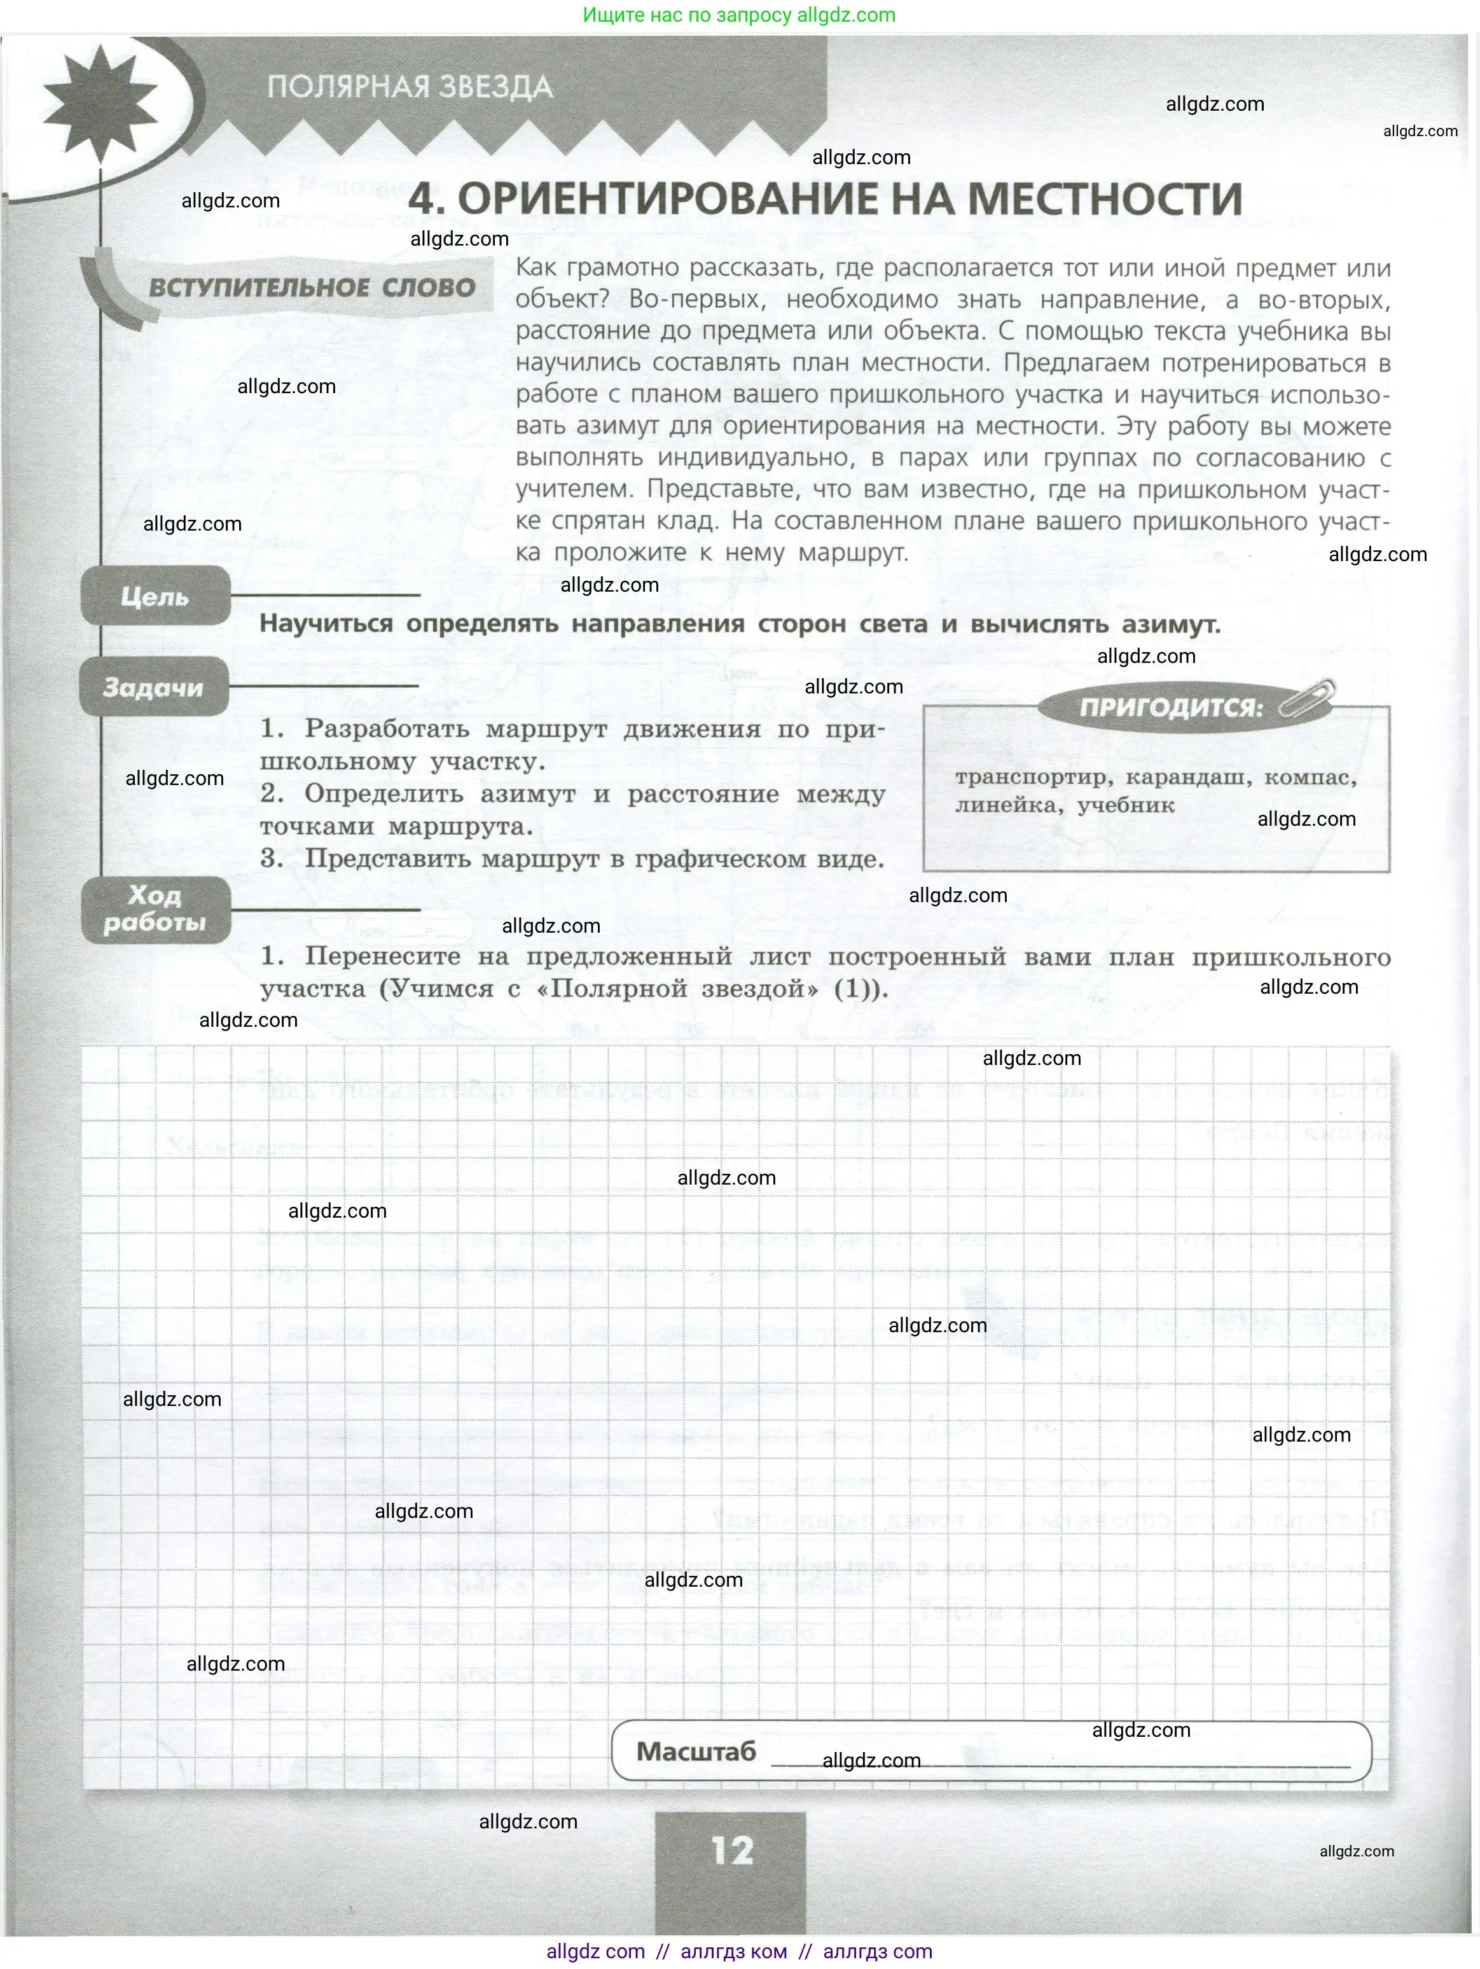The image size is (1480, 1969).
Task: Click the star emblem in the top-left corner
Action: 100,99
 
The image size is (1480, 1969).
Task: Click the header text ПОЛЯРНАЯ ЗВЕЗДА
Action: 410,87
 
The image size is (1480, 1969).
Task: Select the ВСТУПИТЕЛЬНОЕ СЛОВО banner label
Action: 312,288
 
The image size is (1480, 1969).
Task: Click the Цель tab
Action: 155,595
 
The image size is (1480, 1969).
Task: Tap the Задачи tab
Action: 153,687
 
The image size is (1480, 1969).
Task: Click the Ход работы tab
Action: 155,909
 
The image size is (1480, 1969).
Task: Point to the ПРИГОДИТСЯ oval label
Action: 1170,707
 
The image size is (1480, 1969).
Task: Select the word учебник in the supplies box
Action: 1126,805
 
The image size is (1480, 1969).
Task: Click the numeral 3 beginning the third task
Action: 270,858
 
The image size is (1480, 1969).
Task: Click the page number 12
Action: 731,1851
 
